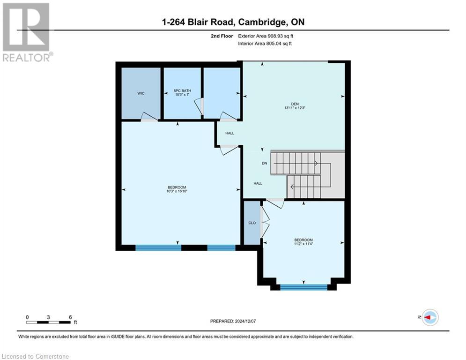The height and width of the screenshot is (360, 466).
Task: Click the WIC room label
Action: point(141,93)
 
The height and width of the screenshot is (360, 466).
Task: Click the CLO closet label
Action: point(252,223)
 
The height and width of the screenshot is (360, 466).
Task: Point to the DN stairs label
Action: point(264,164)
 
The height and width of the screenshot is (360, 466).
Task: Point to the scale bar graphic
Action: point(49,322)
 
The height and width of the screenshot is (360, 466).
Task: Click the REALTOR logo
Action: point(27,32)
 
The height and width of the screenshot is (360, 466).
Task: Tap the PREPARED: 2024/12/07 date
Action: point(235,321)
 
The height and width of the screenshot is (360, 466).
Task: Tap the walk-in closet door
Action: point(149,117)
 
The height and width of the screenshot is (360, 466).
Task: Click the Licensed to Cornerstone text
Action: point(36,357)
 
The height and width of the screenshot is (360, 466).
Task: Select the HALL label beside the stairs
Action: point(258,183)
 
